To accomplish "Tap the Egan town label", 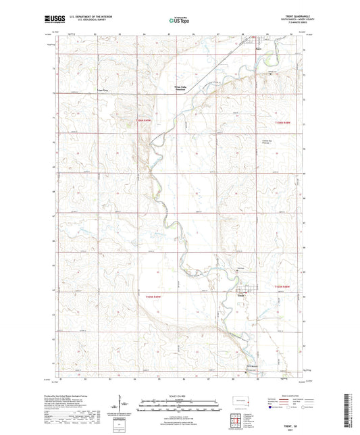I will click(x=258, y=47).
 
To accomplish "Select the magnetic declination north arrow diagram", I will click(x=122, y=407).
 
